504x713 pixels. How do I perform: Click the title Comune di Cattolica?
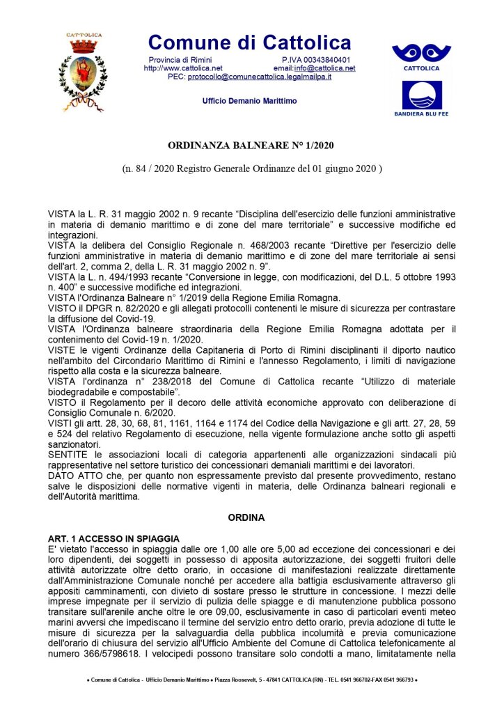click(x=249, y=42)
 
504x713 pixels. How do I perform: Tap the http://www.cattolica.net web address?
click(x=182, y=68)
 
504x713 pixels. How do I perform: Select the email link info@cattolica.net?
click(x=324, y=68)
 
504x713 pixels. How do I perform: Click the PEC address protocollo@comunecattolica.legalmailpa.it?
click(x=260, y=77)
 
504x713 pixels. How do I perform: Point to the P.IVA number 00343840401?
click(x=326, y=60)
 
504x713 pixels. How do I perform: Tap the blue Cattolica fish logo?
click(x=420, y=56)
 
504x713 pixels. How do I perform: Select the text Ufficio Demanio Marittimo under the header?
click(x=249, y=101)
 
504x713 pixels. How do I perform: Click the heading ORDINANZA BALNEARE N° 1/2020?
click(x=251, y=147)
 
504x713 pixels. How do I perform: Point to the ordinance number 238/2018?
click(x=152, y=382)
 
